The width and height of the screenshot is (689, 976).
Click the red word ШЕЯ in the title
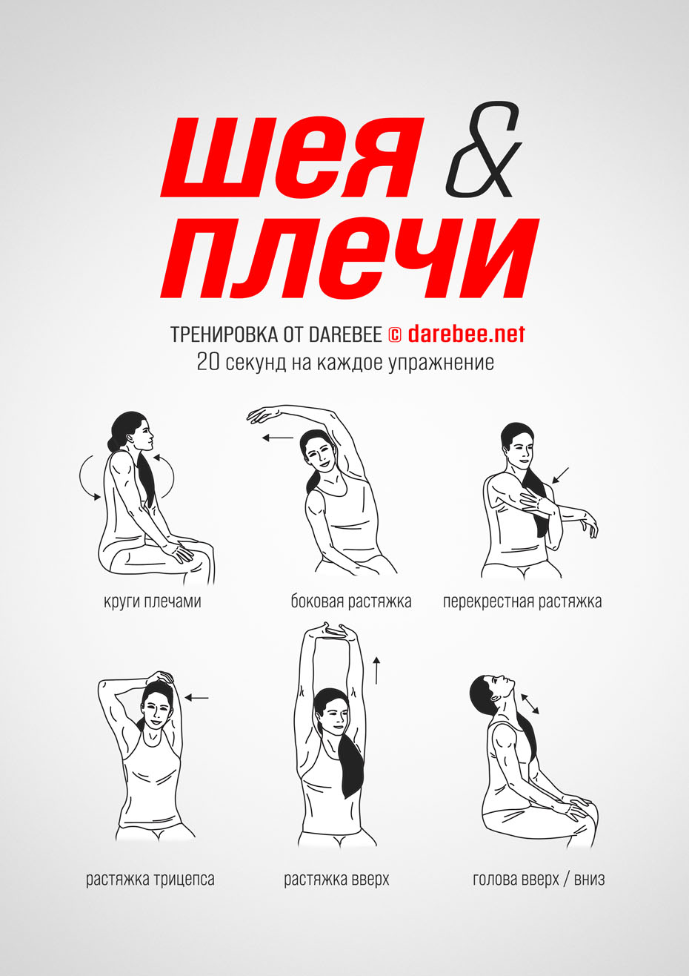pyautogui.click(x=293, y=156)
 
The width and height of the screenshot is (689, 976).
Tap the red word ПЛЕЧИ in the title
pyautogui.click(x=350, y=258)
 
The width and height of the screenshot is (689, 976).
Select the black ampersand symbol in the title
pyautogui.click(x=483, y=149)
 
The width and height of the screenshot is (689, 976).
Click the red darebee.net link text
pyautogui.click(x=467, y=334)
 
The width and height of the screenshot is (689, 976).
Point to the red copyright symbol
pyautogui.click(x=394, y=335)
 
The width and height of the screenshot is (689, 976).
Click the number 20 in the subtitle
pyautogui.click(x=208, y=362)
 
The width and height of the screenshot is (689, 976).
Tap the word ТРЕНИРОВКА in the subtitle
pyautogui.click(x=223, y=334)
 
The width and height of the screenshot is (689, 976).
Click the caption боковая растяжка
pyautogui.click(x=351, y=602)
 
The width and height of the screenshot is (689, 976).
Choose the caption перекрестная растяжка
pyautogui.click(x=522, y=602)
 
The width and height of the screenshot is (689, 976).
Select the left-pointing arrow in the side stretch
pyautogui.click(x=278, y=438)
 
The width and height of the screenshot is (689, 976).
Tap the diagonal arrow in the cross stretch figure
pyautogui.click(x=560, y=475)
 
